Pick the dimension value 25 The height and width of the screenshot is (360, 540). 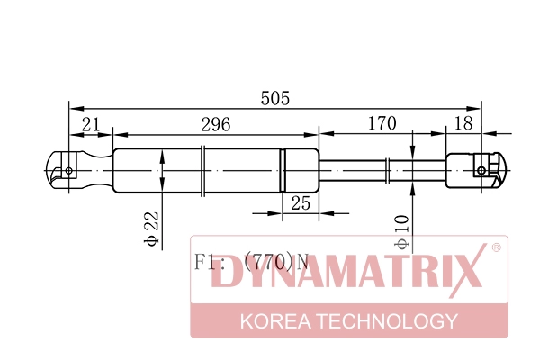[x=301, y=203]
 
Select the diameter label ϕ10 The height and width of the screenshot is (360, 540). [x=401, y=231]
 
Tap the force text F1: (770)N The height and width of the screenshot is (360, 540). [x=251, y=263]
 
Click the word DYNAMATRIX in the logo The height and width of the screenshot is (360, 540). [x=347, y=275]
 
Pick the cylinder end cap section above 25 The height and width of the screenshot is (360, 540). [x=301, y=169]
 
